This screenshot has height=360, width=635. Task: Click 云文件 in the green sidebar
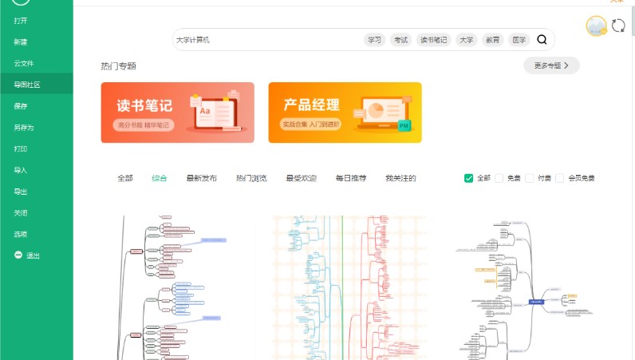pos(24,63)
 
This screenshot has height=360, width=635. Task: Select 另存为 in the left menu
pos(24,127)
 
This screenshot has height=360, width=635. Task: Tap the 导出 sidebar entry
pos(21,192)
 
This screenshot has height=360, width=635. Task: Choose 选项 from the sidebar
pos(21,234)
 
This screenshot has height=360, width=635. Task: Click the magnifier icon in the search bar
pos(542,40)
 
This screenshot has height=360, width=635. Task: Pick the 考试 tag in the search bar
pos(400,40)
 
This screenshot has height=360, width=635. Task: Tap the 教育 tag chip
pos(492,40)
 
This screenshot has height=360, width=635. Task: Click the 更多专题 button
pos(551,65)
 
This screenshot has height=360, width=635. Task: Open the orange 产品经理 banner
pos(345,113)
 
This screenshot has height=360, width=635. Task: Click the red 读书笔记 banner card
pos(177,113)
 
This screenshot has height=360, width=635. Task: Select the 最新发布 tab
pos(201,178)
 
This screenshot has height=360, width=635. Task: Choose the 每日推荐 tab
pos(350,178)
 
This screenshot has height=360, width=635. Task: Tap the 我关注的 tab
pos(400,178)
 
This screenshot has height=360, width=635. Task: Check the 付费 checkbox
pos(530,178)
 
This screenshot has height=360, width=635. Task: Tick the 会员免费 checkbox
pos(560,178)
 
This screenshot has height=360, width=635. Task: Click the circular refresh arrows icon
pos(618,26)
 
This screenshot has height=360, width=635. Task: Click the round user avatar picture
pos(596,26)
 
